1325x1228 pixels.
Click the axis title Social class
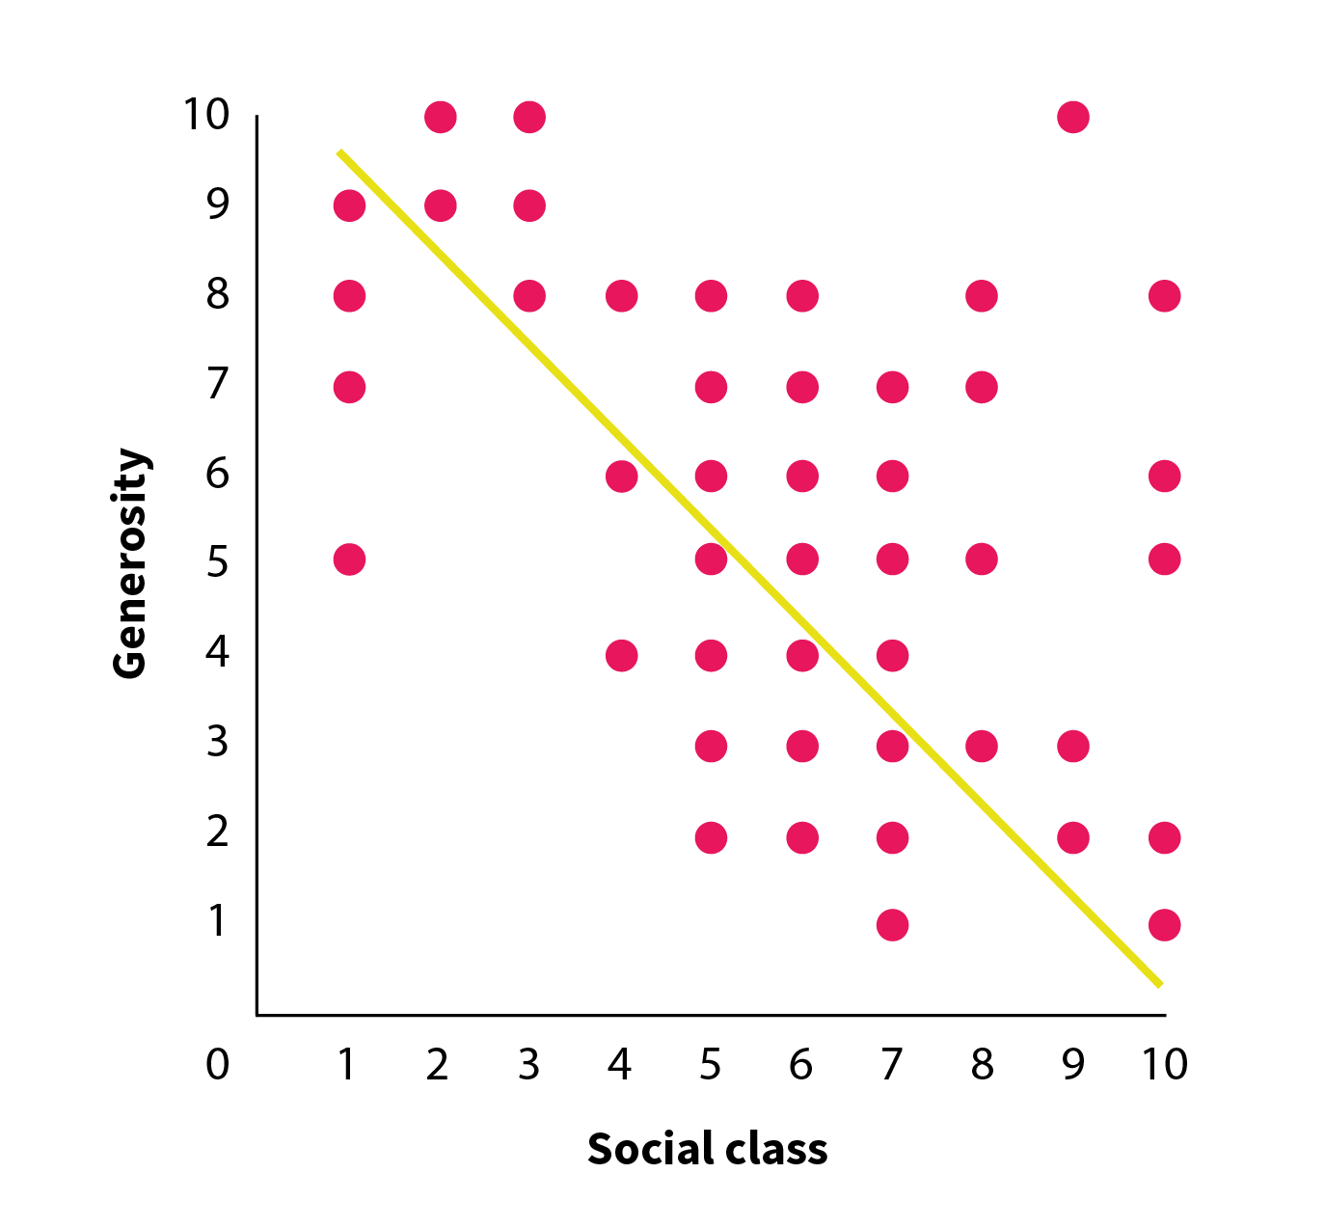click(x=707, y=1149)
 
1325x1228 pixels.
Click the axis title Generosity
click(x=130, y=563)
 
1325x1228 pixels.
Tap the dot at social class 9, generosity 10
click(x=1072, y=117)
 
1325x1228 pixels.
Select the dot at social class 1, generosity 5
click(x=349, y=559)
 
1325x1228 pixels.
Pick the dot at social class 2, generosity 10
click(x=440, y=117)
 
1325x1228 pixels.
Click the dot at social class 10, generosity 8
click(x=1164, y=295)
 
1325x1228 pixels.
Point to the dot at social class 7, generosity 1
click(x=892, y=925)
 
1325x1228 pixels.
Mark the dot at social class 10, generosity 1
click(x=1164, y=925)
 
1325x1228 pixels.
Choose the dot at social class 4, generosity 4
click(x=621, y=656)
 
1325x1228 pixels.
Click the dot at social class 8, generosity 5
click(x=981, y=559)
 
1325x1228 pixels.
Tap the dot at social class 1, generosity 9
click(x=349, y=205)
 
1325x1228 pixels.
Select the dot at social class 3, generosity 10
click(x=529, y=117)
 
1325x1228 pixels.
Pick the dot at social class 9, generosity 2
click(x=1072, y=837)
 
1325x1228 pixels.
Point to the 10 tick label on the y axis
click(x=206, y=115)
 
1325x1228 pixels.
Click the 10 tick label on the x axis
click(x=1164, y=1064)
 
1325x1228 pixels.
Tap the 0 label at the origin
click(x=218, y=1064)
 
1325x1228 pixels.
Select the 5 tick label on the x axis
click(x=710, y=1064)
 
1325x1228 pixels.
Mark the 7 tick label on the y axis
click(x=218, y=384)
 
